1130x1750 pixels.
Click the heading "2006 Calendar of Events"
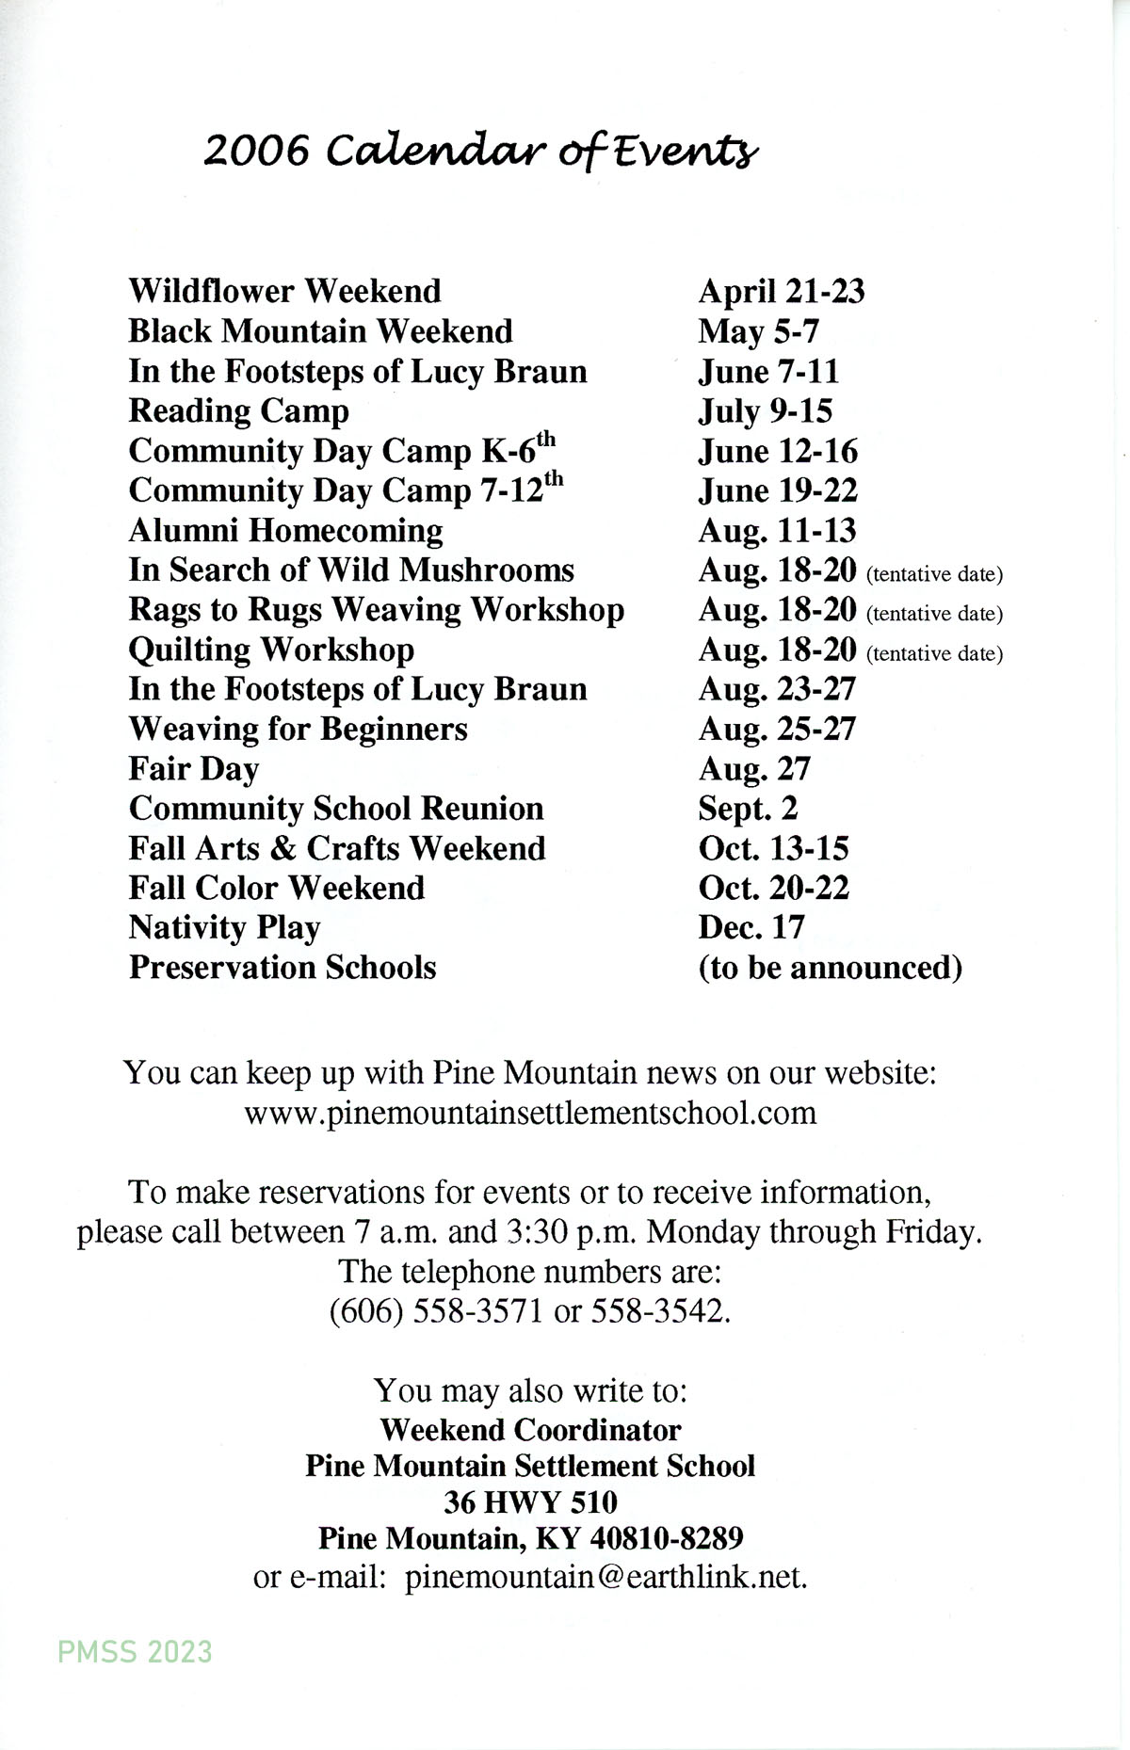(480, 152)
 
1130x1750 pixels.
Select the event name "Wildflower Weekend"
(284, 291)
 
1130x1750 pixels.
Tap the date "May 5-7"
(758, 331)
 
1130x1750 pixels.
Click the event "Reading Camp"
(238, 411)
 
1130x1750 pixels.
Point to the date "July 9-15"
(765, 411)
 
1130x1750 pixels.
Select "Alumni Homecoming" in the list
(285, 531)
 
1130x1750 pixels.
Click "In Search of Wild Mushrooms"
(351, 570)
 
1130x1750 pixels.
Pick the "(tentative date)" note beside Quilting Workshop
(934, 653)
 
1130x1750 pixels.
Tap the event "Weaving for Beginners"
(298, 730)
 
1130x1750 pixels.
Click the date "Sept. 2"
(748, 809)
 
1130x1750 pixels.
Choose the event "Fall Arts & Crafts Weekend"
(337, 848)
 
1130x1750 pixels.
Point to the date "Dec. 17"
(751, 928)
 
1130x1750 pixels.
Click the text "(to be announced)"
(830, 968)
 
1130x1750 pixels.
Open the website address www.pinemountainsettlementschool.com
(530, 1114)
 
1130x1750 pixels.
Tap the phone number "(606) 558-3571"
(436, 1311)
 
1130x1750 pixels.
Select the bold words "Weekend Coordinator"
(530, 1430)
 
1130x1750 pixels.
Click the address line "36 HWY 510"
(530, 1502)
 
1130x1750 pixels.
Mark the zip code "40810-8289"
(667, 1538)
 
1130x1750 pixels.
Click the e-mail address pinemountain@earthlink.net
(605, 1578)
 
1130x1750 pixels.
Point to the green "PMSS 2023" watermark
(135, 1651)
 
